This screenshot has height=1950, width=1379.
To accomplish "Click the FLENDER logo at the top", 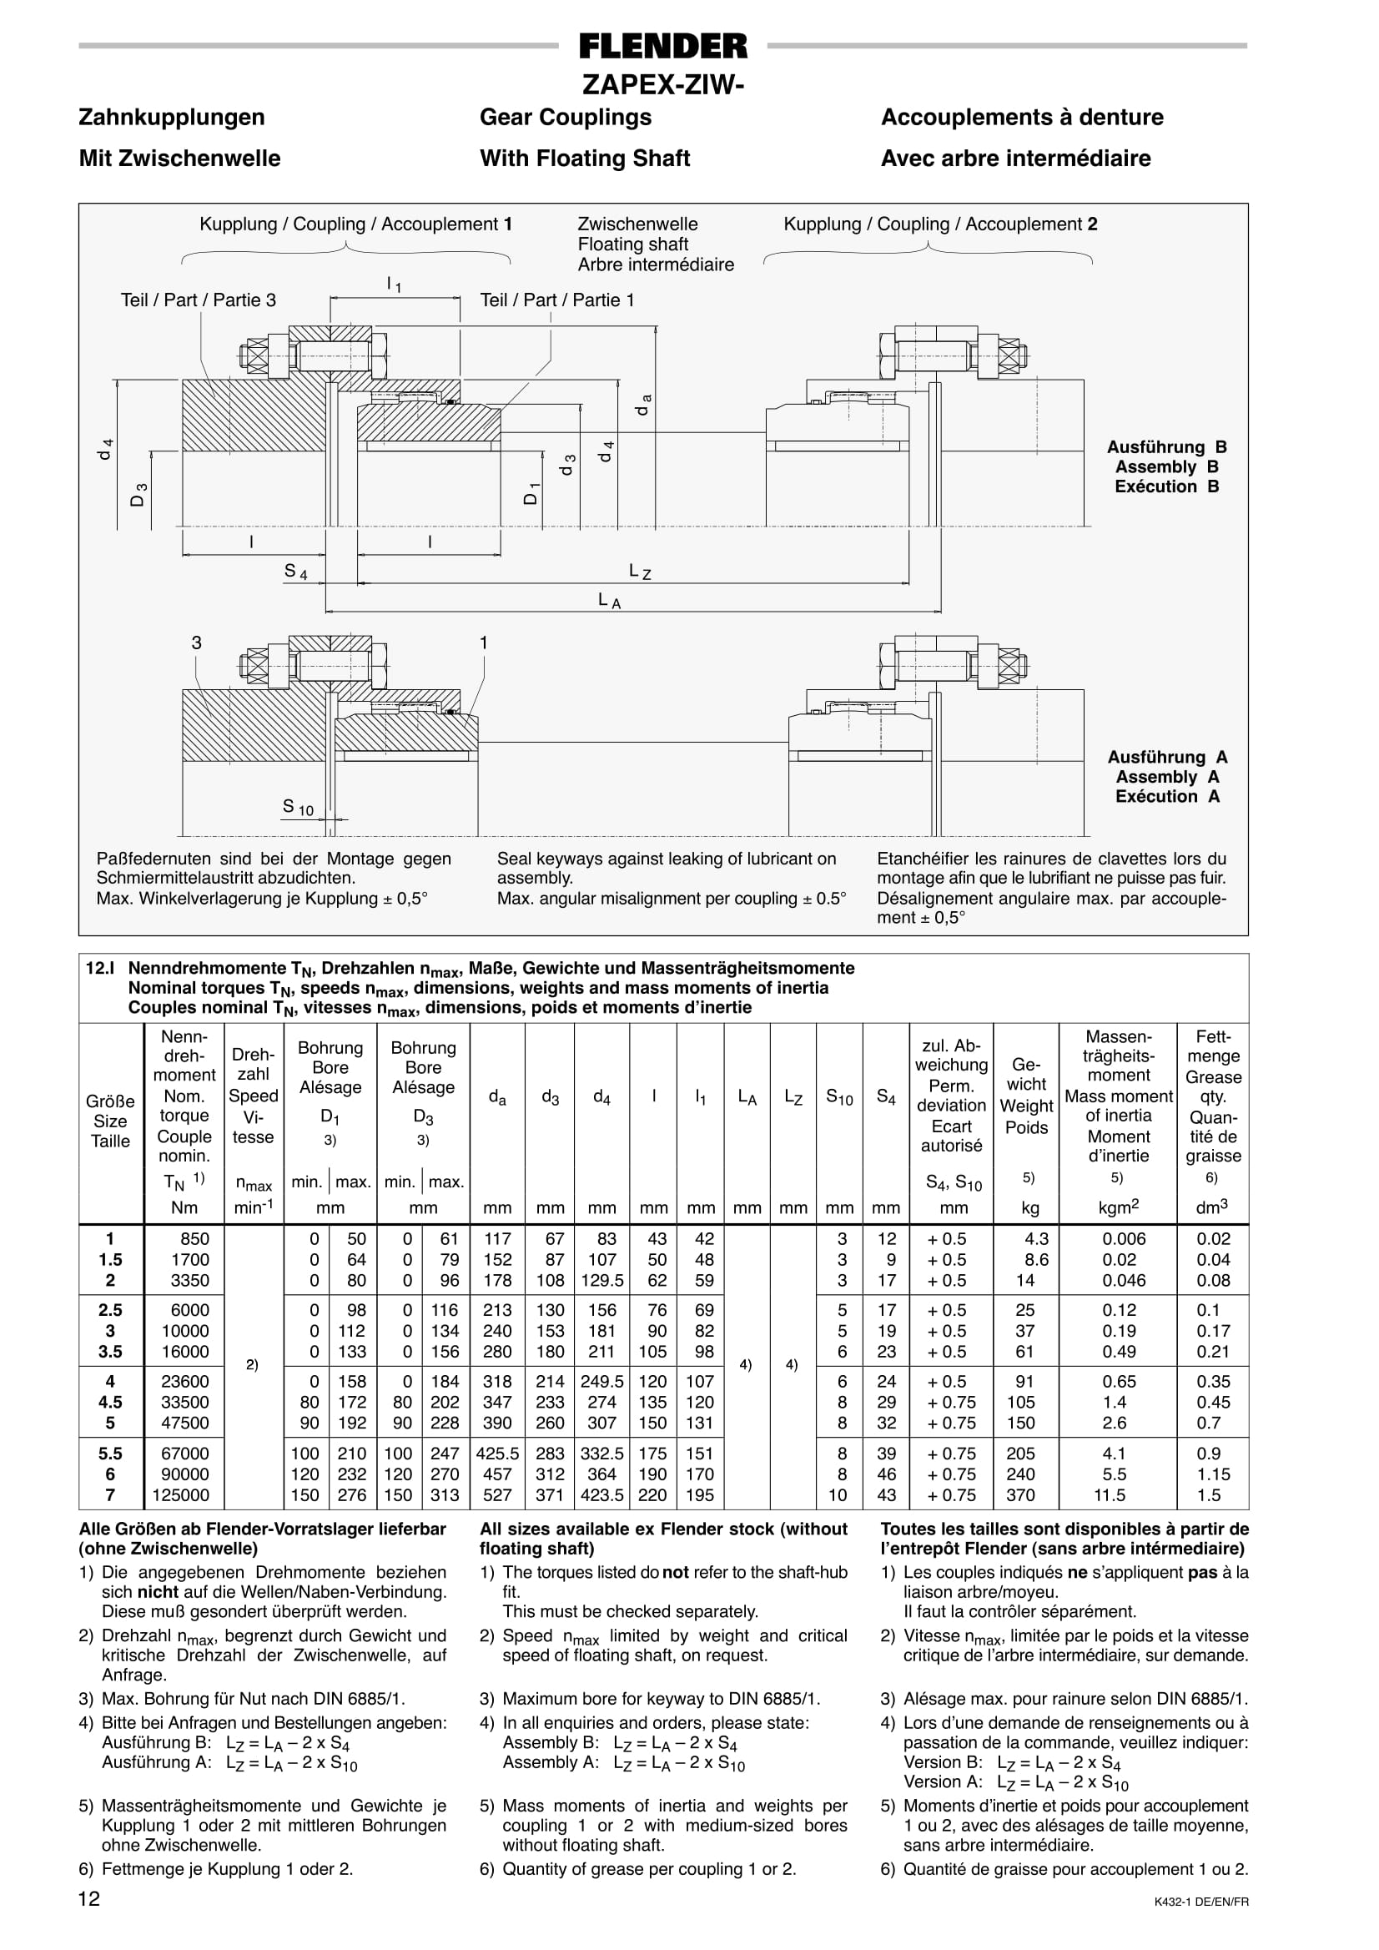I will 663,46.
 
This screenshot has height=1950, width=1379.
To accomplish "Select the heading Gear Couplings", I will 566,117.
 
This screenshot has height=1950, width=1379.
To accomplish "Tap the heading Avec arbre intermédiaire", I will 1015,158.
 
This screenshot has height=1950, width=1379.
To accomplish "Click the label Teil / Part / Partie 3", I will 198,300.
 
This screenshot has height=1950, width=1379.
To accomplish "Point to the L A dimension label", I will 609,601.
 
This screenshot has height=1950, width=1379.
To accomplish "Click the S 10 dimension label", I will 297,807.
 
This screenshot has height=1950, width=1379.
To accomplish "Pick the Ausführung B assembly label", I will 1167,446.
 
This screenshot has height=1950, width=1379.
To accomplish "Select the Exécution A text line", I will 1168,796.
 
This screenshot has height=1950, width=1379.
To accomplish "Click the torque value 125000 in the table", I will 181,1494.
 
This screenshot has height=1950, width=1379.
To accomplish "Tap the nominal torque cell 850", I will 194,1239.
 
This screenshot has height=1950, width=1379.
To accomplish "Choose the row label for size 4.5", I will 110,1402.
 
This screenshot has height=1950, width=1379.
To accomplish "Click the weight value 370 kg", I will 1020,1494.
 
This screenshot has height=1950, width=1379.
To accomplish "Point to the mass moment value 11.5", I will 1110,1494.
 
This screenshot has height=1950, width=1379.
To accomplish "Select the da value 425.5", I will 497,1454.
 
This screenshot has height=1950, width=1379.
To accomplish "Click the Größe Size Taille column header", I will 110,1121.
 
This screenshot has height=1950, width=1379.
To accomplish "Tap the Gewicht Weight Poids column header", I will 1027,1096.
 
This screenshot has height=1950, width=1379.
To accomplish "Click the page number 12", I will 89,1898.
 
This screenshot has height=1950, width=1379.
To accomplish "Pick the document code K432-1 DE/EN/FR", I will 1201,1902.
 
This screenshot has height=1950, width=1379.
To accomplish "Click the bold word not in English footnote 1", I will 675,1572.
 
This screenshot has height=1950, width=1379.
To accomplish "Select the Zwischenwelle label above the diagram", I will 637,224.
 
